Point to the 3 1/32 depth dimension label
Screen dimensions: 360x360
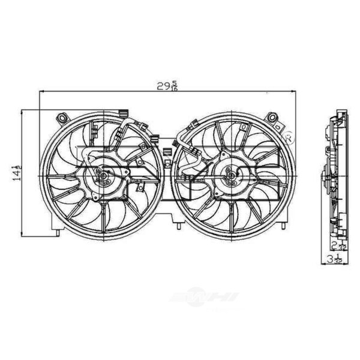click(x=337, y=259)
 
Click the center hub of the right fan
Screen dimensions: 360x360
click(x=230, y=175)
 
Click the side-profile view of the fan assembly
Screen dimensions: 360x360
click(x=334, y=174)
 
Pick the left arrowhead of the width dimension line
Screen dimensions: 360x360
click(x=41, y=92)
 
